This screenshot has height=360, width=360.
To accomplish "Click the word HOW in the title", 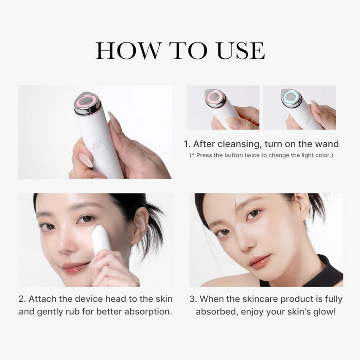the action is coord(127,51).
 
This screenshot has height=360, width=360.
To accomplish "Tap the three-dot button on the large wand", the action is coord(99,147).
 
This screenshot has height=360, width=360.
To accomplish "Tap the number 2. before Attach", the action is coord(22,299).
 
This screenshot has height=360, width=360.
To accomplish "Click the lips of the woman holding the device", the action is coord(74,267).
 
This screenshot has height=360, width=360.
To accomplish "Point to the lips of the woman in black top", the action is coord(260,262).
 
